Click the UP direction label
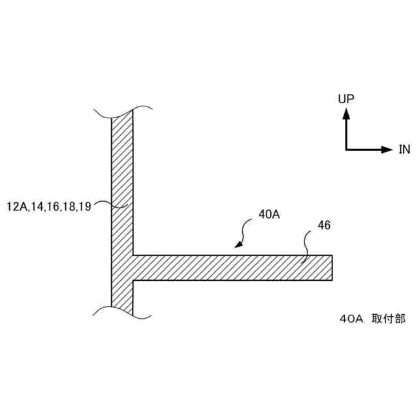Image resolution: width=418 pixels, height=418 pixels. coord(346,99)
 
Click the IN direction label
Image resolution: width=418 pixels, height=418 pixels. coord(404,150)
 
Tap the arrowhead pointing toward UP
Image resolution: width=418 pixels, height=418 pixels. coord(346,113)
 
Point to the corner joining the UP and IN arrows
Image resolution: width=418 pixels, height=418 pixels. coord(346,150)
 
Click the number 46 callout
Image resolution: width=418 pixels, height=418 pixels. coord(324,225)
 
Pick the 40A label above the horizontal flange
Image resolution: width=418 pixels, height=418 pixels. coord(269,214)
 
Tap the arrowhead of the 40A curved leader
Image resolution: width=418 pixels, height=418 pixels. coord(238,245)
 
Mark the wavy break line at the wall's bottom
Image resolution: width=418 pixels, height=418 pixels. coord(123,311)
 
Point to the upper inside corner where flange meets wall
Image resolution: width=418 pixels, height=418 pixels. coord(133,255)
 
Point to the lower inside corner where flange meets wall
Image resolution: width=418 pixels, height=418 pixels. coord(133,281)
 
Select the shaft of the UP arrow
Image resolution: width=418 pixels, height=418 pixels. coord(346,134)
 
